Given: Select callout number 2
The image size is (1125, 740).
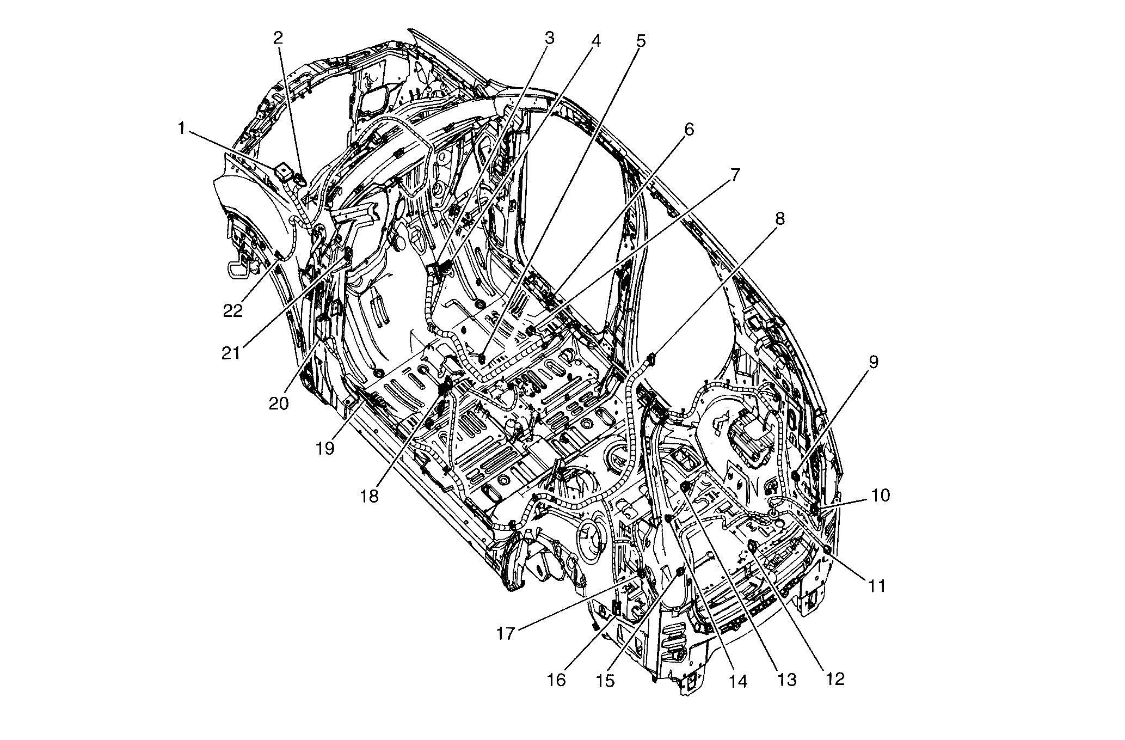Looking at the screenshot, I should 278,38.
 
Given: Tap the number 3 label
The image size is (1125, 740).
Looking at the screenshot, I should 549,38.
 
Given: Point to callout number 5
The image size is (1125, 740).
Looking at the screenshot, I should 641,41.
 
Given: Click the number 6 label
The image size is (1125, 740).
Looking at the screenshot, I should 689,130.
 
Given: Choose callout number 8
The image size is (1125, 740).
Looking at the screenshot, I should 780,219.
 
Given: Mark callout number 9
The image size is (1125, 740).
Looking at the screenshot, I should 873,362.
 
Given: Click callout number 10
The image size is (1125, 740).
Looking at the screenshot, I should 880,495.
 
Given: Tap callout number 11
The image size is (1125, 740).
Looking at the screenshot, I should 876,586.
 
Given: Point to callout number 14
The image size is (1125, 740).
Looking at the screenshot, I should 738,681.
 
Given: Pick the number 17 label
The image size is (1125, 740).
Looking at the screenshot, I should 505,634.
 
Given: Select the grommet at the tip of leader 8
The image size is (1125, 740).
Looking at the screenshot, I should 651,358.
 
